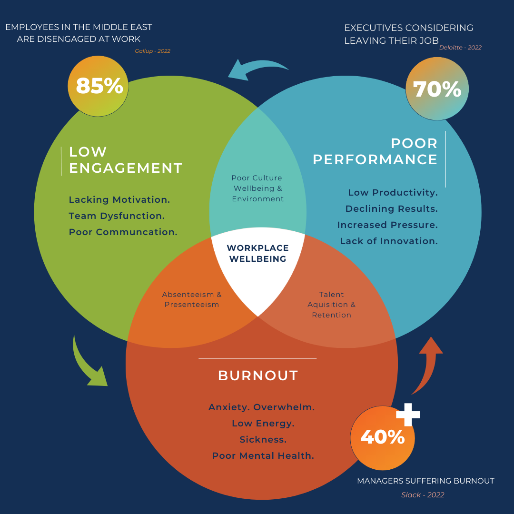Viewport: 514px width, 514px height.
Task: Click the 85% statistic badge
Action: point(99,86)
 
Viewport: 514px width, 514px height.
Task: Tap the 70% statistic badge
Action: point(437,89)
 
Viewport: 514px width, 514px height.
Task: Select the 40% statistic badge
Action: point(382,437)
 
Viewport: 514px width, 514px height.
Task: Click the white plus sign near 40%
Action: point(408,414)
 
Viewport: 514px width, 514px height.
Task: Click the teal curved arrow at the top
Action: point(257,69)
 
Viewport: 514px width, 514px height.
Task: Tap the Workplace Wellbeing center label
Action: point(257,254)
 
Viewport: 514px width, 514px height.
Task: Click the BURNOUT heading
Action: point(258,376)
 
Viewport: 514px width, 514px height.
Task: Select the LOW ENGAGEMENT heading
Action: point(126,160)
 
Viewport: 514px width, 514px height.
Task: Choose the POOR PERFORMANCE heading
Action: point(375,151)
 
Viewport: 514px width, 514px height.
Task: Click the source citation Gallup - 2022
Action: point(152,51)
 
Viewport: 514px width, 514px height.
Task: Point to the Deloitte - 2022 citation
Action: point(460,47)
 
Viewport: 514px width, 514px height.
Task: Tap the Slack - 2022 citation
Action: point(423,495)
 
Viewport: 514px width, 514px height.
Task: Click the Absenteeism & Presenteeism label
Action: point(192,299)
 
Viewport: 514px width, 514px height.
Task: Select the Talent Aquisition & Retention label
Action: point(331,305)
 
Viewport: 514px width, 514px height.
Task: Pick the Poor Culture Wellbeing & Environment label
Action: point(257,188)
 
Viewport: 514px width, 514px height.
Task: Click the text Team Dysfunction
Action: point(117,216)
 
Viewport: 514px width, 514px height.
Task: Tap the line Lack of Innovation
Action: point(388,241)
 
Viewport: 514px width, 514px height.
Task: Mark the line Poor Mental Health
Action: point(263,456)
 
